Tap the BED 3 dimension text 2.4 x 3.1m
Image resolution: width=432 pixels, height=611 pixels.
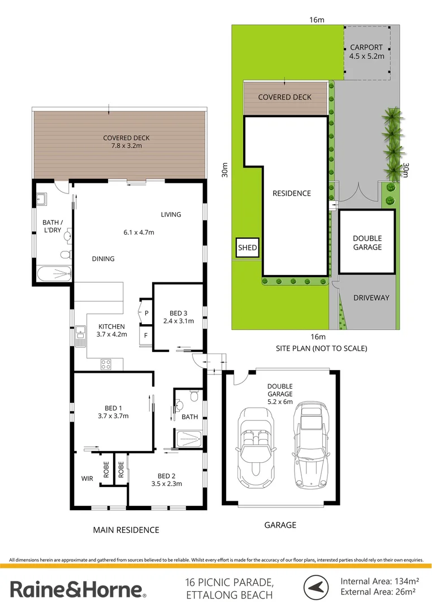pyautogui.click(x=178, y=321)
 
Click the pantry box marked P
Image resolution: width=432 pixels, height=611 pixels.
pyautogui.click(x=146, y=312)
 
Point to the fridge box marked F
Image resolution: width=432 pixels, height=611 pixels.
pyautogui.click(x=146, y=334)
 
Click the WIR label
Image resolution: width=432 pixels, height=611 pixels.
pyautogui.click(x=87, y=478)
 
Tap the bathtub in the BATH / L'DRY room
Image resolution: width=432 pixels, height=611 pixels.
pyautogui.click(x=54, y=274)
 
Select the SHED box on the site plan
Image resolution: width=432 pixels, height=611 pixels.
pyautogui.click(x=247, y=248)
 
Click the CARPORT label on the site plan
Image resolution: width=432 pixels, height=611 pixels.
pyautogui.click(x=366, y=48)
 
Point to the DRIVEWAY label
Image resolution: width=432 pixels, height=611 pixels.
pyautogui.click(x=371, y=298)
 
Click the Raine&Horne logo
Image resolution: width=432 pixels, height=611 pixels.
pyautogui.click(x=79, y=590)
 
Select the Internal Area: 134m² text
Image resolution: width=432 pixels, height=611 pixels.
pyautogui.click(x=379, y=581)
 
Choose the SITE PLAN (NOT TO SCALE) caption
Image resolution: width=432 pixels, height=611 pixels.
pyautogui.click(x=321, y=348)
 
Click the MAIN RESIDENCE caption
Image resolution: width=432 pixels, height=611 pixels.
pyautogui.click(x=126, y=530)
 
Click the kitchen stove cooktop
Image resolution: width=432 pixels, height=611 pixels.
pyautogui.click(x=106, y=364)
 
